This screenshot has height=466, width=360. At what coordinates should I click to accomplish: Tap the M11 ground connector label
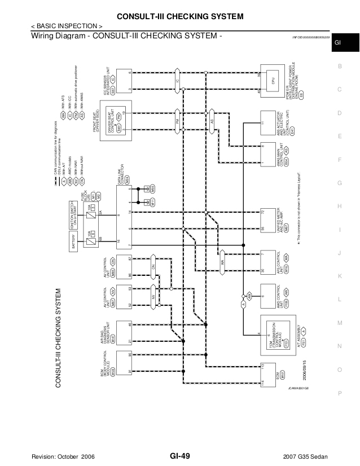(x=152, y=201)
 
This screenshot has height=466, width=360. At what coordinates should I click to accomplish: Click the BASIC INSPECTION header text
(x=67, y=27)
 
